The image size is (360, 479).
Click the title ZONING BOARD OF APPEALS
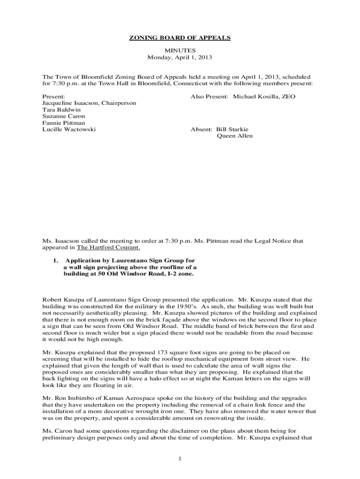180,38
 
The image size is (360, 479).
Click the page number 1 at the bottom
180,458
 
